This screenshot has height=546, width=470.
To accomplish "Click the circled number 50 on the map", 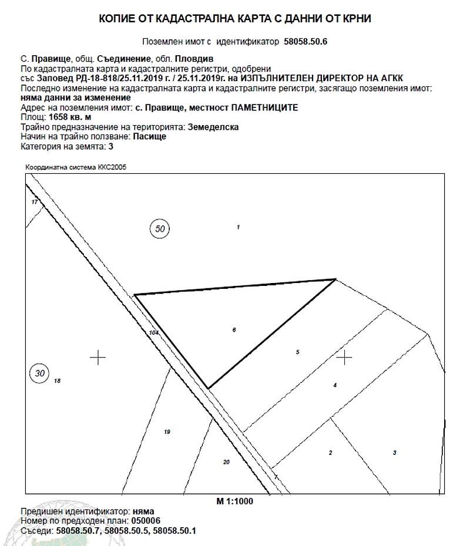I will (x=160, y=228).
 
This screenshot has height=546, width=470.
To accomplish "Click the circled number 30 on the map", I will (x=39, y=373).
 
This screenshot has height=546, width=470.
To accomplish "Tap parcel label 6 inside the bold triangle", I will (x=234, y=331).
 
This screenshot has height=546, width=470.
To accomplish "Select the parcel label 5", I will (x=298, y=352).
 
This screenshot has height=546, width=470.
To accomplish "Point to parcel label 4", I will (x=334, y=385).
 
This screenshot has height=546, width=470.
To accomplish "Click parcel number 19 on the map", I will (x=167, y=432).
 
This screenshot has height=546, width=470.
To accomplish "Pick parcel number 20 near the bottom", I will (x=226, y=462).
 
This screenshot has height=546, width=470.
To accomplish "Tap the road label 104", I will (x=154, y=333).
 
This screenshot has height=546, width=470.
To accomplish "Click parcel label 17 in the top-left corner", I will (x=35, y=202).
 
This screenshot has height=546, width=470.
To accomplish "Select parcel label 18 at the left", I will (x=57, y=381).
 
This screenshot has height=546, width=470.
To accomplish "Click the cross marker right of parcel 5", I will (x=344, y=356).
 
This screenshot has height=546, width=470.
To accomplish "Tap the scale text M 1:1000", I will (x=234, y=501).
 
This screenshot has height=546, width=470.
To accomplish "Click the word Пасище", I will (x=150, y=136).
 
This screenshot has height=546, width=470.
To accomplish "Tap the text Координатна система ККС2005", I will (x=76, y=167).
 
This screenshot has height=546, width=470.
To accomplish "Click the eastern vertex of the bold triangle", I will (x=335, y=279).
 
